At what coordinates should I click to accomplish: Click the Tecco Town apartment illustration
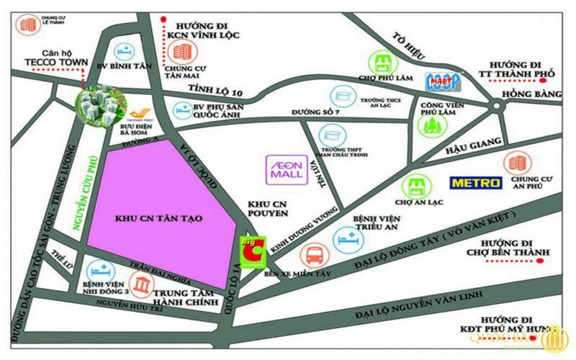pyautogui.click(x=99, y=108)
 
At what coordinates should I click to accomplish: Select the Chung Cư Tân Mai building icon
pyautogui.click(x=184, y=50)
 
